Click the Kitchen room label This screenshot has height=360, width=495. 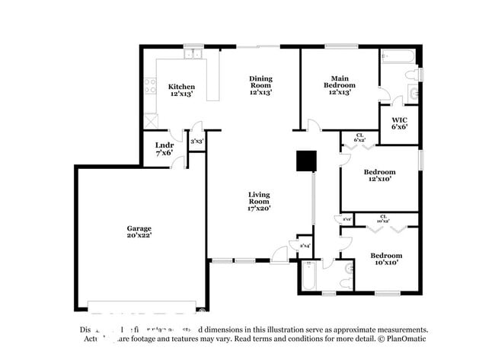coord(181,91)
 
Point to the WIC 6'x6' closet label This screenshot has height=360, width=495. coord(399,123)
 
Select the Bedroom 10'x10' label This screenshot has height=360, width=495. coord(385,258)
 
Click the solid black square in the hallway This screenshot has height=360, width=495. coord(306,161)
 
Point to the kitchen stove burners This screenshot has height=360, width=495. coord(151,85)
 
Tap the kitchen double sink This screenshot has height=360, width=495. coord(193,54)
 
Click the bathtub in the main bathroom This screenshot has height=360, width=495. coord(398,56)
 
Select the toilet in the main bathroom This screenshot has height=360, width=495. coord(412,74)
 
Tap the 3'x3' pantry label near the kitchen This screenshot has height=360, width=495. coord(196,141)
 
